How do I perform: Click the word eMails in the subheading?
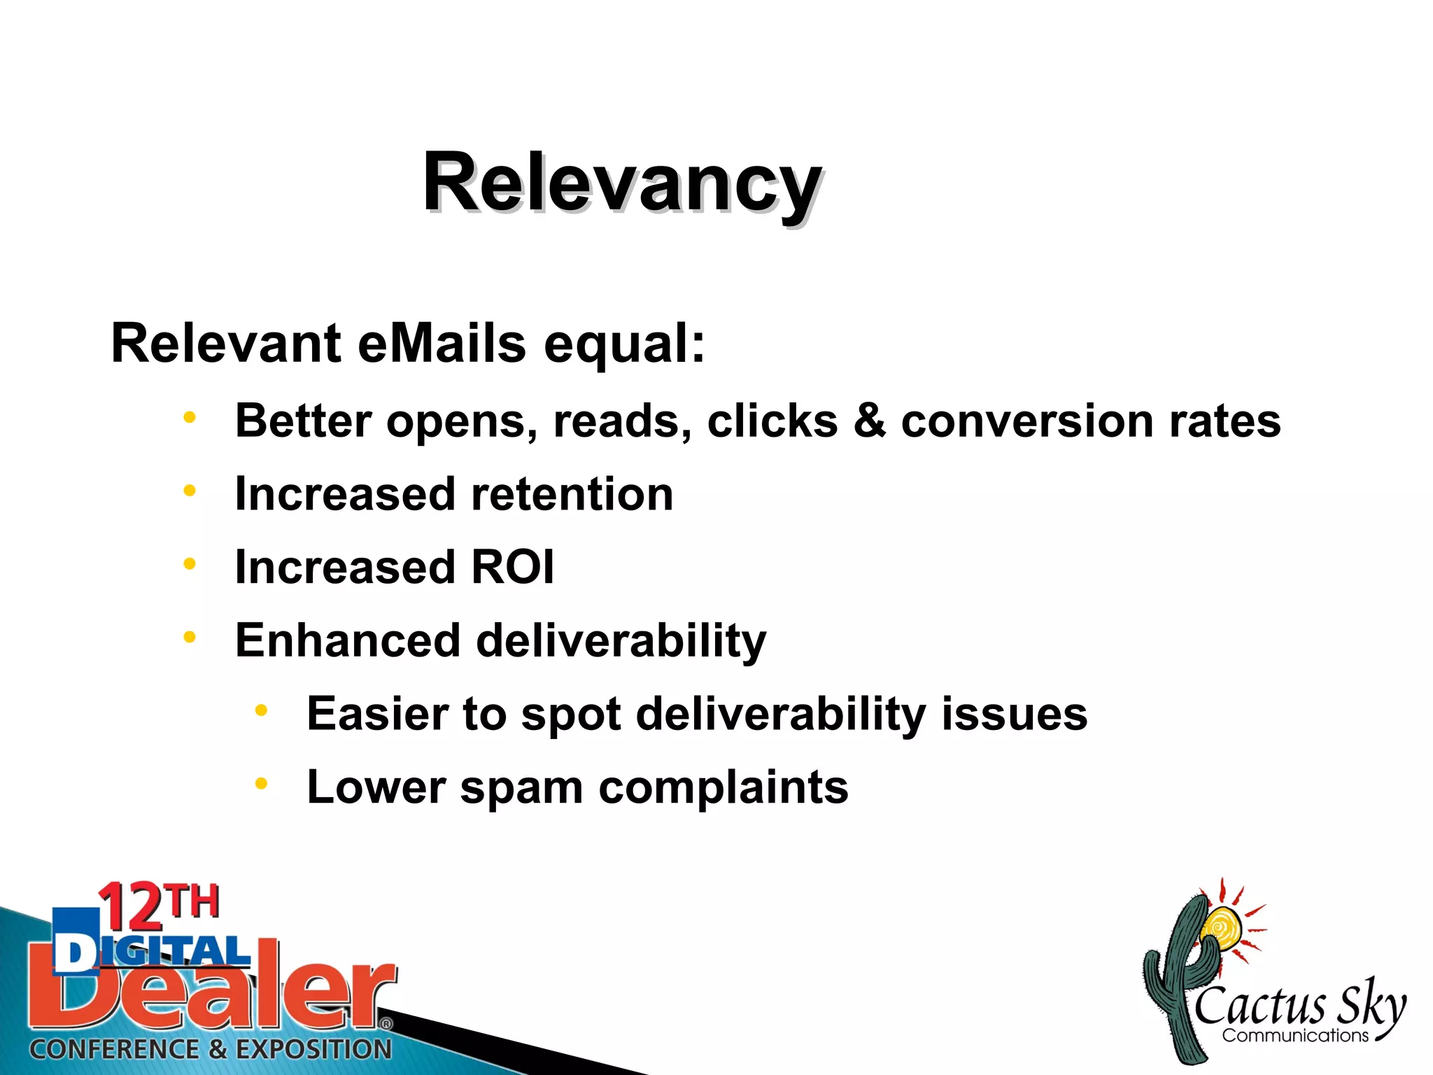442,344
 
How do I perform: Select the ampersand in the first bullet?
869,421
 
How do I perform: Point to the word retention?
572,494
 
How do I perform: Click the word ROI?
513,567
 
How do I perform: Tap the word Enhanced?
348,640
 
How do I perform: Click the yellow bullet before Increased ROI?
189,563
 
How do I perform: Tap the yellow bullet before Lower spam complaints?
261,783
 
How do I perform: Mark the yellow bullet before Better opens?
189,417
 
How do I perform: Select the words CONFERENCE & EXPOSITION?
211,1049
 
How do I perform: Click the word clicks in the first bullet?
772,421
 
